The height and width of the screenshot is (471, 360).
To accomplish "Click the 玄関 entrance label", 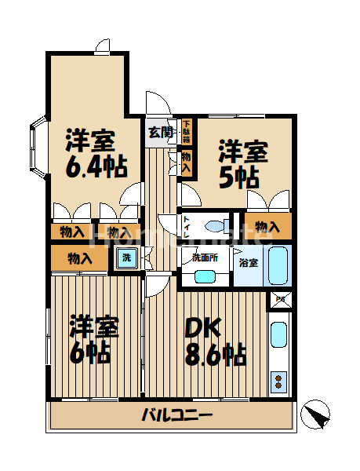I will (x=161, y=131).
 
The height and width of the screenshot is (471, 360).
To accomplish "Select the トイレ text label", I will (x=187, y=226).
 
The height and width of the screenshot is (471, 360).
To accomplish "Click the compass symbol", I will (x=315, y=414).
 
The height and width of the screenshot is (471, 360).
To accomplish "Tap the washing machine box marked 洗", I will (x=125, y=257).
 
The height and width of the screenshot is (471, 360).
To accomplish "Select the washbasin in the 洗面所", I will (x=205, y=276).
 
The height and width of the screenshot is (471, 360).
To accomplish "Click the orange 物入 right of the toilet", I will (x=267, y=227).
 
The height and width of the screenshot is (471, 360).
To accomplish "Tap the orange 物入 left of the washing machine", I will (x=79, y=257).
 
